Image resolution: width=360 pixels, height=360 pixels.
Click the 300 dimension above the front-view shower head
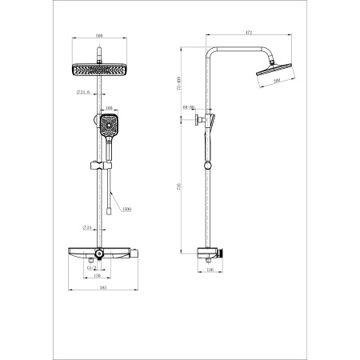point(100,36)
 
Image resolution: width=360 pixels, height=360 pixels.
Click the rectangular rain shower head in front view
point(100,69)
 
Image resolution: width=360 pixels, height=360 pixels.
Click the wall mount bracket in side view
point(198,122)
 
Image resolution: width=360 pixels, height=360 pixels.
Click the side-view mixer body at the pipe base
point(211,254)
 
